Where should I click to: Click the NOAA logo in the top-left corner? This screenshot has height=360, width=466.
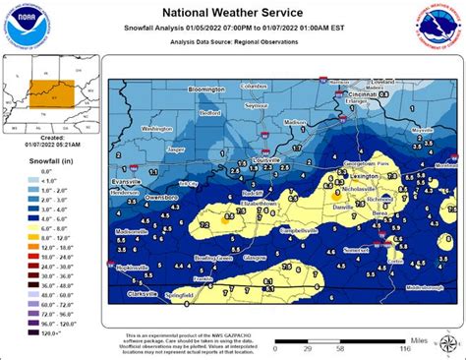24,25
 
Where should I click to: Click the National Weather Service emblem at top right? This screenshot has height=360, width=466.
440,26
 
